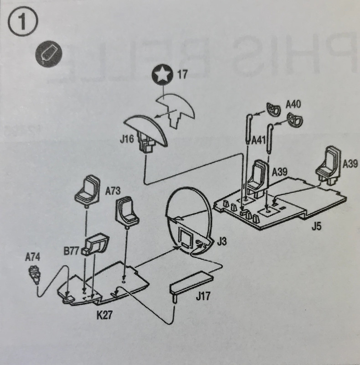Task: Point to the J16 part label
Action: point(128,139)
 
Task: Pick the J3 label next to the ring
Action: point(222,241)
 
